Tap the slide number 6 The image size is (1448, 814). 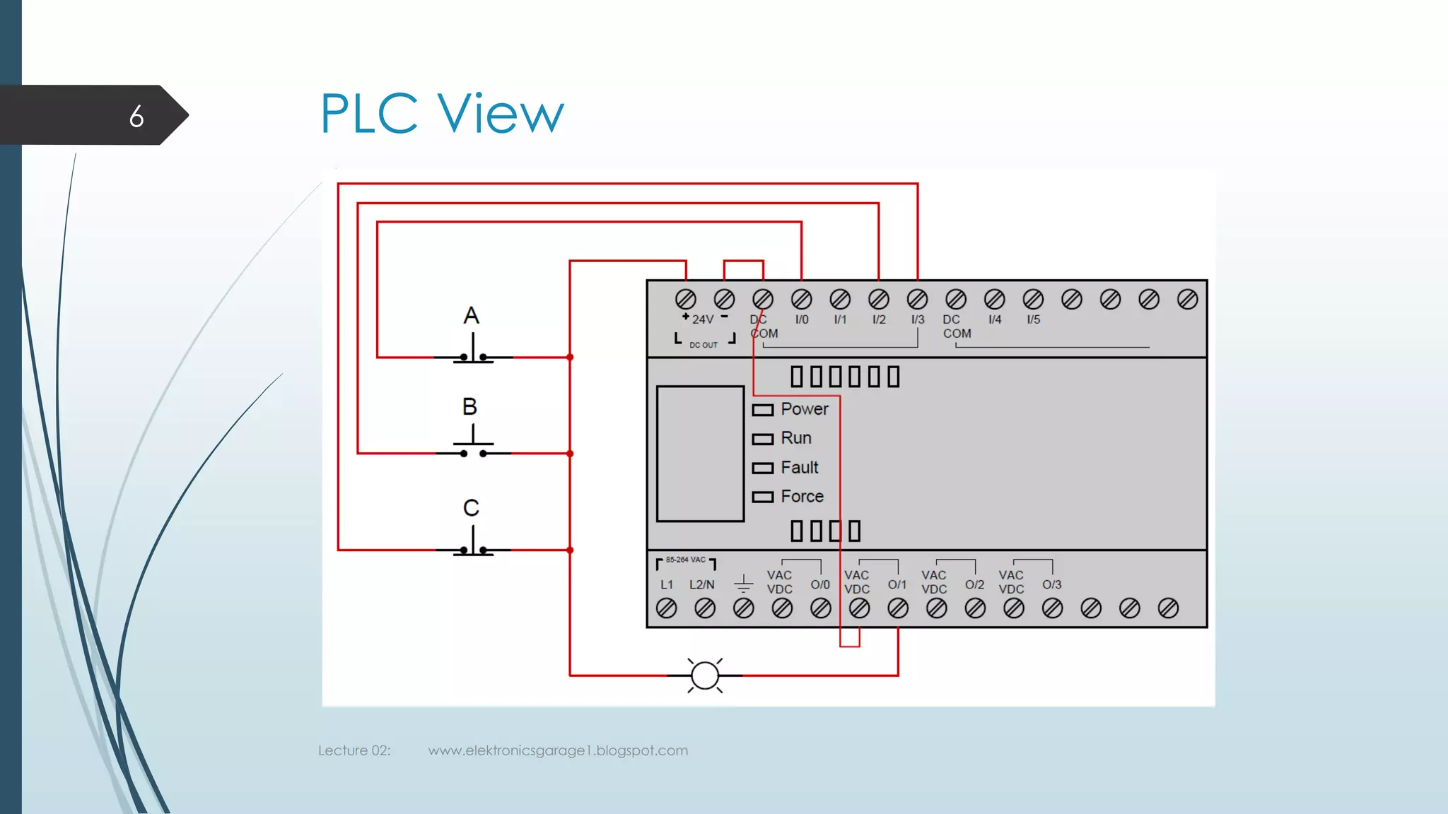pos(136,117)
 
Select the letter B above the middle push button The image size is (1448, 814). pos(469,407)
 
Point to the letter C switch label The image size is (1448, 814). pos(471,508)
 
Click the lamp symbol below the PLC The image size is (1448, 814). pos(705,676)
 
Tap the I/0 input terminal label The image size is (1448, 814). pos(802,319)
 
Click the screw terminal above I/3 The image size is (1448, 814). pos(917,300)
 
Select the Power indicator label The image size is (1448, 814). pos(805,409)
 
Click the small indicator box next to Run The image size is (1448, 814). pos(762,440)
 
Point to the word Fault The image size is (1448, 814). pos(800,468)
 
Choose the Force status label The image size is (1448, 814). pos(802,497)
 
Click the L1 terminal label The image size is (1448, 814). pos(667,585)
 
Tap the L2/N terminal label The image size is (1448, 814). pos(702,585)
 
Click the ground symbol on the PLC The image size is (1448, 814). pos(743,584)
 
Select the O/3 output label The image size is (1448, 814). pos(1051,585)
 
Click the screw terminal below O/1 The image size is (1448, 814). pos(898,608)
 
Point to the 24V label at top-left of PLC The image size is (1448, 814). pos(703,319)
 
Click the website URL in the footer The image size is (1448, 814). pos(558,750)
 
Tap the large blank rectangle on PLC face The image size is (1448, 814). pos(700,454)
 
